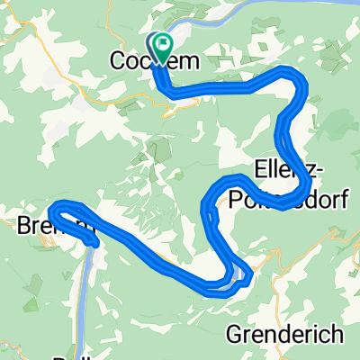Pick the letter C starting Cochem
coord(117,60)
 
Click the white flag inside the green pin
coord(162,44)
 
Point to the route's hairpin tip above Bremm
coord(54,210)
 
